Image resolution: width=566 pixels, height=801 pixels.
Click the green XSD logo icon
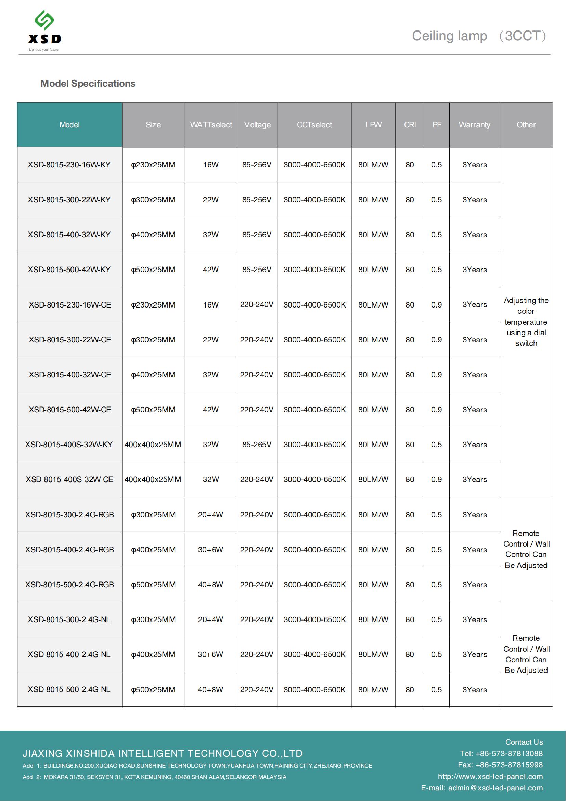(44, 20)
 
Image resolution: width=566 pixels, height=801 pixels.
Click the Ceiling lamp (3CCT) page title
(479, 36)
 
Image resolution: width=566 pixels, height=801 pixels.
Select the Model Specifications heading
(88, 83)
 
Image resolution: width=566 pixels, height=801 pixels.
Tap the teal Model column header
(69, 125)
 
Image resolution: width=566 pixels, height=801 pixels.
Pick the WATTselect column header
(211, 125)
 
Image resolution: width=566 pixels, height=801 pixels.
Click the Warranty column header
(474, 125)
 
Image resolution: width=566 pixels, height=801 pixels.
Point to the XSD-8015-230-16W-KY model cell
(69, 165)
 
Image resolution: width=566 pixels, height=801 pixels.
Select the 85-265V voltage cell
(257, 445)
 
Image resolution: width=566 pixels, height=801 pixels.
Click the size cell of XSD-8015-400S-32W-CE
(153, 479)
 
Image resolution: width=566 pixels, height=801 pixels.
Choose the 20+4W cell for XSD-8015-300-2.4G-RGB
(210, 515)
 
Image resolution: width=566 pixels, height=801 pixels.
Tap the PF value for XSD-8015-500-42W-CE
(436, 410)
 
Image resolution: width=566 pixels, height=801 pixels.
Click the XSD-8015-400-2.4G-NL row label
(69, 654)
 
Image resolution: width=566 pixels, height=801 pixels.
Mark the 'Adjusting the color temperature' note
(526, 322)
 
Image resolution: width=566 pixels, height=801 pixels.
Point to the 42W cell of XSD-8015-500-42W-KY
(211, 270)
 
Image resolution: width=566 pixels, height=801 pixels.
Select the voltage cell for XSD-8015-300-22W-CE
(257, 339)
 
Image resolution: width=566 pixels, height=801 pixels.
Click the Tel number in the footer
(501, 753)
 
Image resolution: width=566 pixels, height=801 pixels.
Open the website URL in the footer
(490, 777)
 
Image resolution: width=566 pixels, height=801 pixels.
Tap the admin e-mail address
(495, 788)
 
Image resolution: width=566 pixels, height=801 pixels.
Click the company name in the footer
(163, 753)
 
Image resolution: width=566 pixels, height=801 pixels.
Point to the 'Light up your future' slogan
(43, 50)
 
